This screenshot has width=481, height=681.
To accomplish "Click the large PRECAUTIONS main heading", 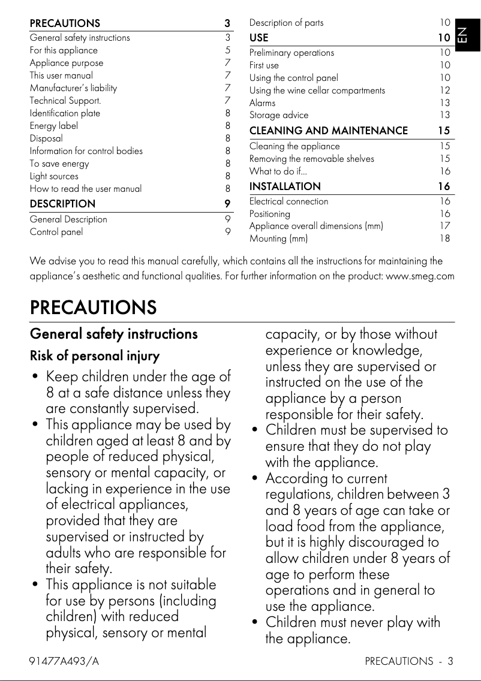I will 93,308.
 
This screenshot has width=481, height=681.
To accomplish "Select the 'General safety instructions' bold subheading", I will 113,334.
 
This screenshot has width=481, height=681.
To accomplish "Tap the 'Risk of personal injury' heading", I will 95,356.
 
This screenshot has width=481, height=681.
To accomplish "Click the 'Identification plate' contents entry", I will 65,113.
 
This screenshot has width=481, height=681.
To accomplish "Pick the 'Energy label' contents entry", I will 54,126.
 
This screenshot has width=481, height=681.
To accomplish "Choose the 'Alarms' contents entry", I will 263,103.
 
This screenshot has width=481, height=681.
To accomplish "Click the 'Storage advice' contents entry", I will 279,115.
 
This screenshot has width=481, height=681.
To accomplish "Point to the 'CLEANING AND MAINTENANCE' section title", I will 329,131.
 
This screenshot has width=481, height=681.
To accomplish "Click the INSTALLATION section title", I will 285,186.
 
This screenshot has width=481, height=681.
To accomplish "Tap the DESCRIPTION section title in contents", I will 62,204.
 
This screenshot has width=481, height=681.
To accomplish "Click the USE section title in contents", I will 259,38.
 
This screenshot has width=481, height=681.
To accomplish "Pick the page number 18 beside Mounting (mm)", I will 444,239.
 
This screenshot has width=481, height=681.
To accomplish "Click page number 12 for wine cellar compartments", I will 444,91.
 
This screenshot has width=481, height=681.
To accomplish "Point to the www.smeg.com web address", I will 420,276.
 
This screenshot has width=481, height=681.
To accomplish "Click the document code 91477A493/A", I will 64,661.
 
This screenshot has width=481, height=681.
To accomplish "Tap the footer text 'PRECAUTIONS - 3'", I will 408,661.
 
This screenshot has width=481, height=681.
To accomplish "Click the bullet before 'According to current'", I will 256,478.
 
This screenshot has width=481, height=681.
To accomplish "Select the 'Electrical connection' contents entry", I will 289,201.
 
